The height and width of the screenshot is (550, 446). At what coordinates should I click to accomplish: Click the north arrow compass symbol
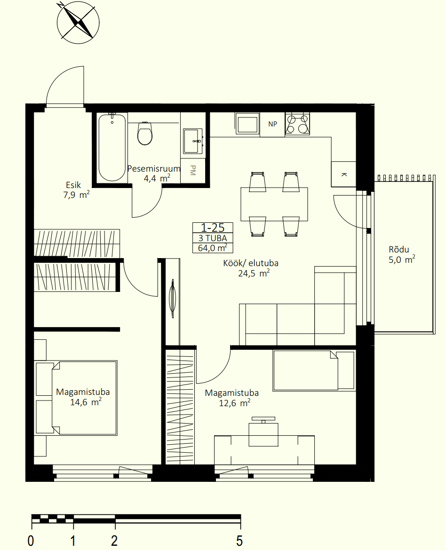(78, 23)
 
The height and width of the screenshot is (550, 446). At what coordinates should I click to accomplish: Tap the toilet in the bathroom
(145, 134)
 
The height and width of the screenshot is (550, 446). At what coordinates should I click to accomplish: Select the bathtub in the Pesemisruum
(112, 147)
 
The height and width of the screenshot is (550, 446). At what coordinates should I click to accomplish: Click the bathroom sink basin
(193, 141)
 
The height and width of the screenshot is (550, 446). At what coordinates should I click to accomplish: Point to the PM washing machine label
(193, 170)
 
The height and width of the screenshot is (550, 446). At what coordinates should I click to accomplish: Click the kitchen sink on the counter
(247, 124)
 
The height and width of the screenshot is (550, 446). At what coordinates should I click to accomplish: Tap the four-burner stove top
(297, 124)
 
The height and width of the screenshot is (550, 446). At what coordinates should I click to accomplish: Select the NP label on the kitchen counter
(272, 124)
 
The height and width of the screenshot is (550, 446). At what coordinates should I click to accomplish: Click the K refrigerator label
(344, 174)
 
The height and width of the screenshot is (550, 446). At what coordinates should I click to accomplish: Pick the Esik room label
(73, 185)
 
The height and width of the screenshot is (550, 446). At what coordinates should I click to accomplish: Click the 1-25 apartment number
(213, 228)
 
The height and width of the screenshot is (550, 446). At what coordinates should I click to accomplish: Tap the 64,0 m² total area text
(213, 248)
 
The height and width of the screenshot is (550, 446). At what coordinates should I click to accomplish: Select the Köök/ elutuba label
(251, 263)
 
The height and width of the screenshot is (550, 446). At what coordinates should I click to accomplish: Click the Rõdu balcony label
(398, 250)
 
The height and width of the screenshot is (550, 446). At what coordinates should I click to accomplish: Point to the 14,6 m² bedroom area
(86, 401)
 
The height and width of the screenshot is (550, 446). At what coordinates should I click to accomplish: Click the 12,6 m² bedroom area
(235, 403)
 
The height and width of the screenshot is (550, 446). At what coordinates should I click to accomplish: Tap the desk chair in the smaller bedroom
(263, 432)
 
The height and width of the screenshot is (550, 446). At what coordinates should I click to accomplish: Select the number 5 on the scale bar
(239, 541)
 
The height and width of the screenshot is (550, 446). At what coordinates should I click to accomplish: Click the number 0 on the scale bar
(31, 541)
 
